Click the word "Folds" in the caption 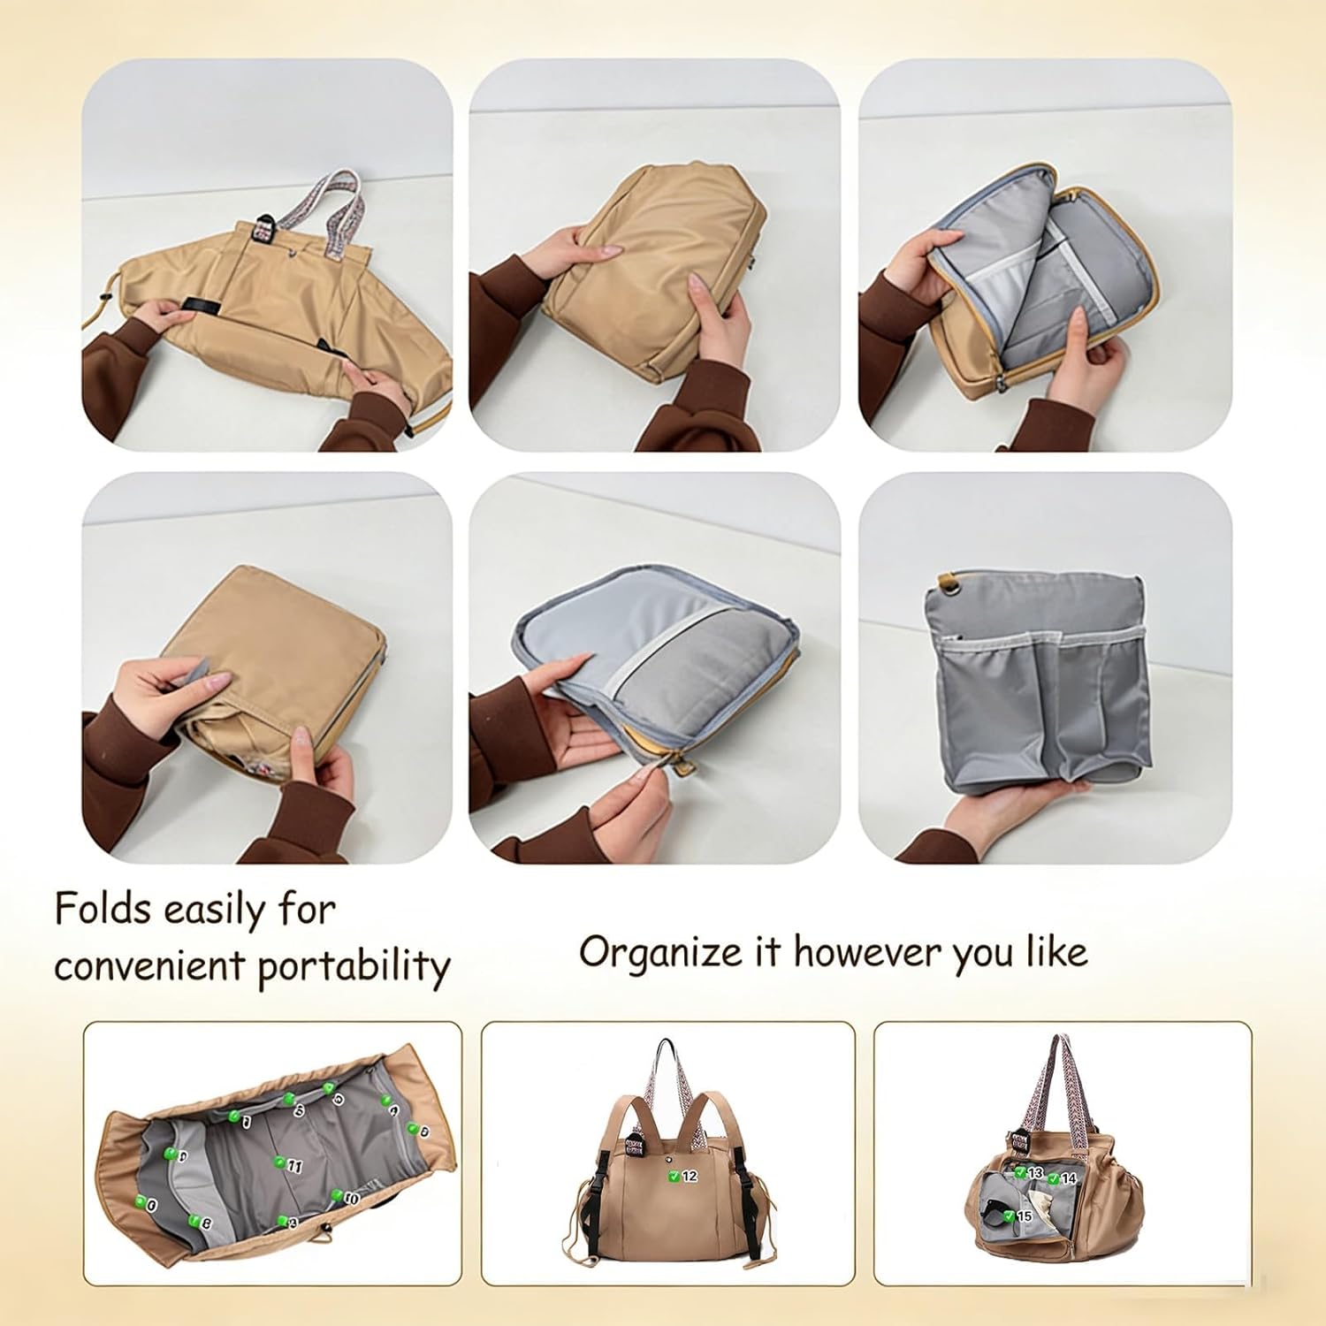coord(103,909)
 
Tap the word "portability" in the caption coord(354,966)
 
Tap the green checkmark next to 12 coord(674,1176)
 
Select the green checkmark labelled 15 coord(1010,1215)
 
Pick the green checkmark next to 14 coord(1055,1177)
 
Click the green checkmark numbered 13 coord(1020,1172)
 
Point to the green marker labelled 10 coord(337,1195)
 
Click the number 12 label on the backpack coord(690,1177)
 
